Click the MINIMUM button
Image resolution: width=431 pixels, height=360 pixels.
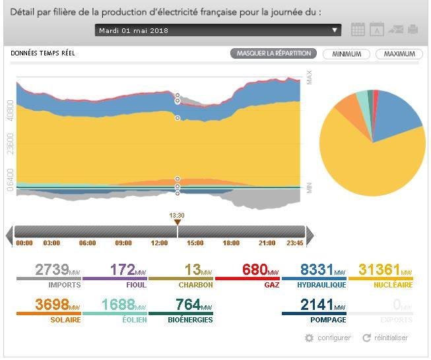click(347, 54)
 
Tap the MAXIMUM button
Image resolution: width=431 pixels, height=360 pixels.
click(399, 54)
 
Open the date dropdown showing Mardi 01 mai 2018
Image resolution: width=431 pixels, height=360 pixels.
click(218, 30)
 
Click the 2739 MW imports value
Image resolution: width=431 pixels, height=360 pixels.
click(57, 270)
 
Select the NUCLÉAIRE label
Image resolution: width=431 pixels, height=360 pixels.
click(393, 285)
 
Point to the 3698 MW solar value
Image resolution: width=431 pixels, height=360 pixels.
click(57, 304)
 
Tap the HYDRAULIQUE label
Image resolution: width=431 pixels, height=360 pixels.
click(321, 285)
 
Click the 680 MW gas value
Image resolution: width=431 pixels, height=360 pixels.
click(260, 270)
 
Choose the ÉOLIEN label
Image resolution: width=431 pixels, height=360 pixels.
click(135, 320)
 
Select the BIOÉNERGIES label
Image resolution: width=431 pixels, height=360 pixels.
click(190, 320)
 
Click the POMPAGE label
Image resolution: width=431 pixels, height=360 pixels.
click(328, 320)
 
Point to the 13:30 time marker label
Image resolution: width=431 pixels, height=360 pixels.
click(177, 216)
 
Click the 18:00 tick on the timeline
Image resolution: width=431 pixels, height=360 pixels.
click(231, 243)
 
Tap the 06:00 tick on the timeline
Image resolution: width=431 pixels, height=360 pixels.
click(87, 243)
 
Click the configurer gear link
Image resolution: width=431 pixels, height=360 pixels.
click(327, 338)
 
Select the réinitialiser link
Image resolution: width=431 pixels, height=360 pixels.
click(385, 338)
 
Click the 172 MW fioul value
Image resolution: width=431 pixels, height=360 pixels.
click(128, 270)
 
